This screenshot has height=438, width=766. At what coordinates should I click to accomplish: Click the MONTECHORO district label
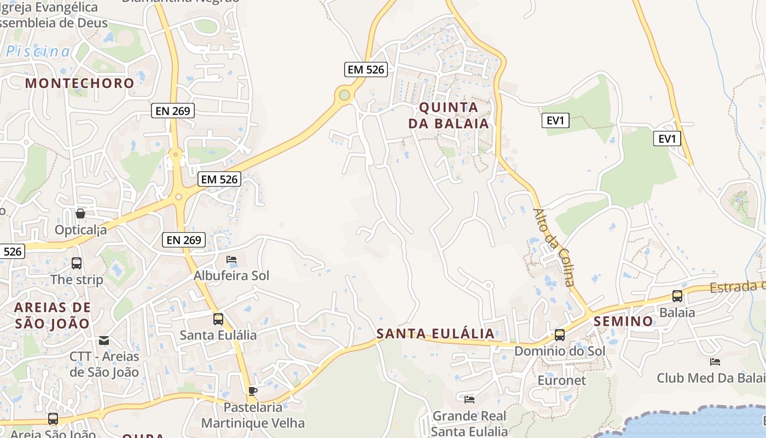point(80,83)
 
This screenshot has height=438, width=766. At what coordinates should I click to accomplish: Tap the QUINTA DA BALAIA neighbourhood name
point(449,115)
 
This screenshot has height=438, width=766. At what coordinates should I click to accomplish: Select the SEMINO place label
point(624,321)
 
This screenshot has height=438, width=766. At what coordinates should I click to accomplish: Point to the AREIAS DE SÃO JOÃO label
point(53,315)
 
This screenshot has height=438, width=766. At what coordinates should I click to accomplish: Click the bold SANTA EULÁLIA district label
point(436,333)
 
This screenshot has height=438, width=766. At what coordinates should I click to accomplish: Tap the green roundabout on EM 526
point(344,95)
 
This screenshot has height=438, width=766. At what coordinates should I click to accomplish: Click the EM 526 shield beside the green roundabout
point(367,70)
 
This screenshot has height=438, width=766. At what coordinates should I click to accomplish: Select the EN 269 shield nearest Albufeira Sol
point(184,239)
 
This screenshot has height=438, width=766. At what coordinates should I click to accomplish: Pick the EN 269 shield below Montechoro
point(173,111)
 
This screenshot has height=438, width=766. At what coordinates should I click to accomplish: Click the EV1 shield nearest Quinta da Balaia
point(555,120)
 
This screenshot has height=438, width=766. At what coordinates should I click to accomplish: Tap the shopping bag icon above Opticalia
point(80,214)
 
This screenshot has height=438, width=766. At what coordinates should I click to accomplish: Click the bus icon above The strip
point(77,263)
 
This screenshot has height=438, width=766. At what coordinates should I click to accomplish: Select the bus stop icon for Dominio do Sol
point(559,335)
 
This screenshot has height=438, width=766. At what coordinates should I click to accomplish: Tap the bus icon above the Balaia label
point(677,296)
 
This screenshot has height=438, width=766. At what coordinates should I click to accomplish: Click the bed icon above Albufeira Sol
point(231,260)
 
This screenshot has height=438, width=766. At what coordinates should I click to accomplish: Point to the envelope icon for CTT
point(104,341)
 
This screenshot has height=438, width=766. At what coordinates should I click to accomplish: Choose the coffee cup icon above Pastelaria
point(252,391)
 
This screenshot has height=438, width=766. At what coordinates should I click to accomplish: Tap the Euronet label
point(561,380)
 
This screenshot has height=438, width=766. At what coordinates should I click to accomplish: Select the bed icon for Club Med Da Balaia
point(715,362)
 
